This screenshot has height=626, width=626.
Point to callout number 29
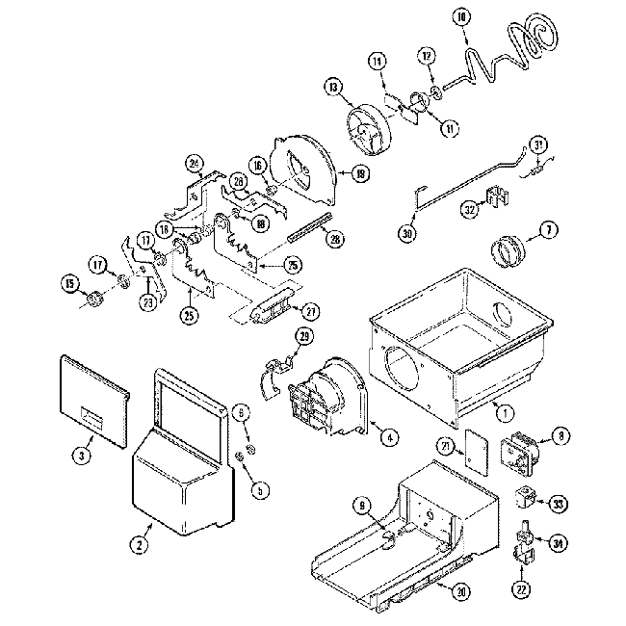pyautogui.click(x=304, y=335)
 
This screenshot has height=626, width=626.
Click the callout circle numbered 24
pyautogui.click(x=195, y=163)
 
